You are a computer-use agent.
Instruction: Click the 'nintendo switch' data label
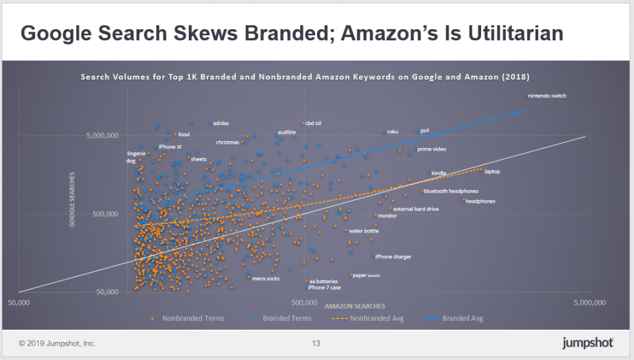point(547,96)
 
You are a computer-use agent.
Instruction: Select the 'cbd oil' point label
point(313,123)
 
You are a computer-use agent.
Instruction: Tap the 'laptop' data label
point(492,171)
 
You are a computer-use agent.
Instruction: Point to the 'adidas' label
point(220,123)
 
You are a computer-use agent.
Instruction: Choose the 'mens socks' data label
point(266,278)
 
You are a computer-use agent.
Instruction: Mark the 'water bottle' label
point(363,231)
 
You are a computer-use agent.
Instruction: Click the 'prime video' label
point(432,149)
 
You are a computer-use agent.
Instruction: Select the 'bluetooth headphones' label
point(451,191)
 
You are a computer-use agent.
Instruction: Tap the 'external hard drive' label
point(415,209)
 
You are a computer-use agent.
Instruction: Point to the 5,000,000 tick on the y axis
point(110,136)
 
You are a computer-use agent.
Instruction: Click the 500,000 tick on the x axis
point(303,302)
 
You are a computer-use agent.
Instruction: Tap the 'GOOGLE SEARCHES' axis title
point(72,203)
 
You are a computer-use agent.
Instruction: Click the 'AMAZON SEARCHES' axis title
point(354,306)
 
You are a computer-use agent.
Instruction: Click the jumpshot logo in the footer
point(588,343)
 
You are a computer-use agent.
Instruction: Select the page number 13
point(316,343)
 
